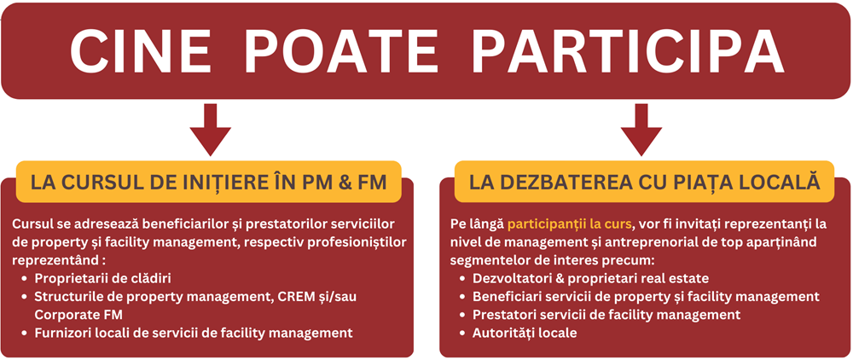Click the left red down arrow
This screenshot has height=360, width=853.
click(210, 130)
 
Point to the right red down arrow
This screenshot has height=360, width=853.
click(642, 130)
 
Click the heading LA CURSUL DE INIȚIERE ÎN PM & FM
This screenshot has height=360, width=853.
click(209, 183)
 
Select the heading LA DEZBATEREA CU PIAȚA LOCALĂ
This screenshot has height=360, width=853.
click(644, 183)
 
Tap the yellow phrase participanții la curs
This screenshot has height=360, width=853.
click(570, 224)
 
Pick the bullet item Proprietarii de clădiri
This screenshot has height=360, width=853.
click(103, 278)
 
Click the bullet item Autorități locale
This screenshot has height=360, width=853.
click(525, 333)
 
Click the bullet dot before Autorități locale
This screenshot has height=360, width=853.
click(461, 334)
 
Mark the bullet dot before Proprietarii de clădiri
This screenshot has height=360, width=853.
click(25, 279)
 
